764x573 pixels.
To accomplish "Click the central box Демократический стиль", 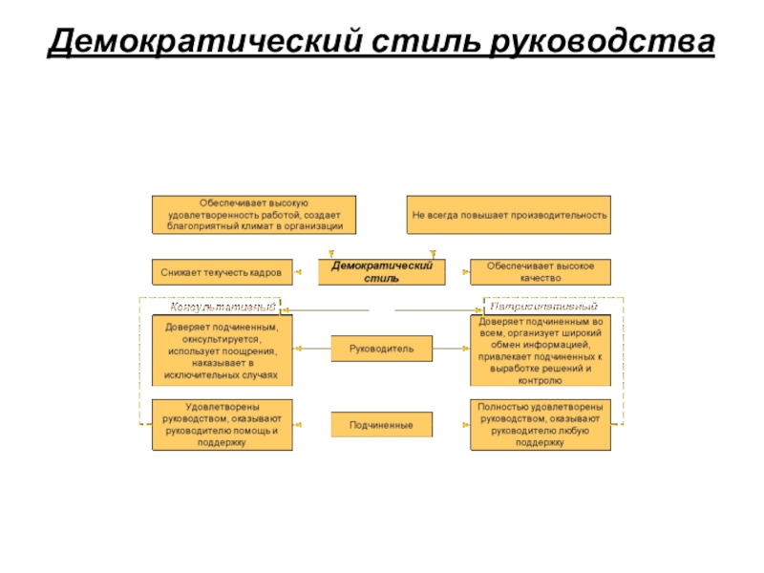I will tap(382, 272).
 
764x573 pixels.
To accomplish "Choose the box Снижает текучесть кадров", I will tap(221, 272).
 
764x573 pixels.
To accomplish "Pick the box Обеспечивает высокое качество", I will tap(540, 272).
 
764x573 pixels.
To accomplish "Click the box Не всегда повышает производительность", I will tap(509, 215).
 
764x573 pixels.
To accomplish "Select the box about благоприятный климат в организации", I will tap(254, 215).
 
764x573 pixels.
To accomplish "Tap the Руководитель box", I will tap(382, 350).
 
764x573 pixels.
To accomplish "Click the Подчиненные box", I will tap(382, 424).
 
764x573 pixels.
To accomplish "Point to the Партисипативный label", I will tap(541, 308).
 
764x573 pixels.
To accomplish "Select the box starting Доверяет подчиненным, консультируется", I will tap(222, 350).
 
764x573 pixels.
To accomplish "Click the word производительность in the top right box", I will tap(561, 216).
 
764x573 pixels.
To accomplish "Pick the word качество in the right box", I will tap(540, 278).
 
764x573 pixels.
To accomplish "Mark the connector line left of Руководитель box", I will tap(312, 350).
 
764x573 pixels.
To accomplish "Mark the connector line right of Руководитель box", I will tap(452, 350).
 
